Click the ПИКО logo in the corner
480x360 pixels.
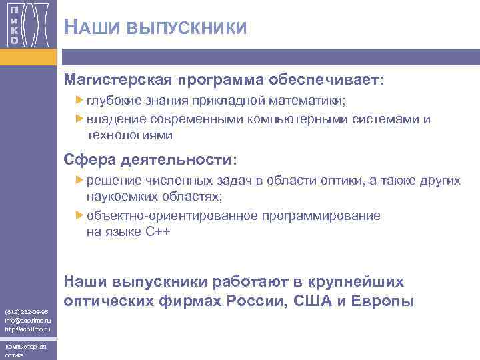pos(28,25)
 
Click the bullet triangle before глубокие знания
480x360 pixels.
pos(79,101)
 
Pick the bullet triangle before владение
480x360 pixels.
pos(79,119)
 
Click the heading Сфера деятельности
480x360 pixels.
pos(149,160)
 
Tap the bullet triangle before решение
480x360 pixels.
pos(79,181)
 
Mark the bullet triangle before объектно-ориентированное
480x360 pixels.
pos(79,215)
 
